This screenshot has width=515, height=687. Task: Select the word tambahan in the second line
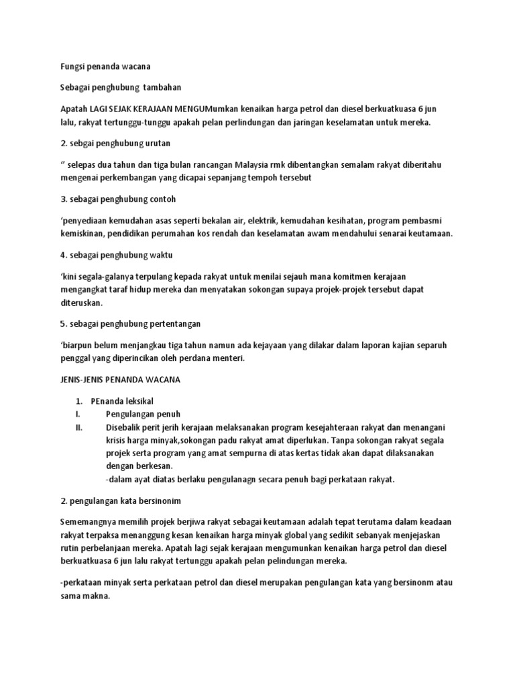point(162,87)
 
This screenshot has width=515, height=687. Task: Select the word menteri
point(230,359)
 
